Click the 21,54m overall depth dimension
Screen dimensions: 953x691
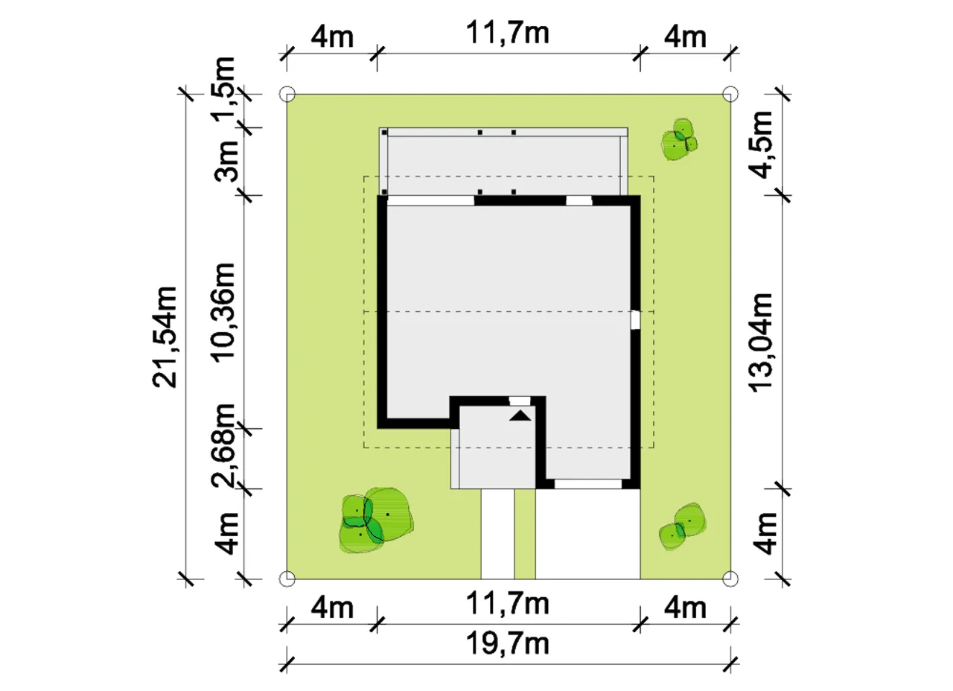165,337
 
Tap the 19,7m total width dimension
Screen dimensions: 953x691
508,644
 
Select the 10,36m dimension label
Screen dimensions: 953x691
223,313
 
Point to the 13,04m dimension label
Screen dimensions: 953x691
760,343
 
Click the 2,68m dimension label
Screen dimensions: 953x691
223,445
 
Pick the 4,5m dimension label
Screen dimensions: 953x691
760,144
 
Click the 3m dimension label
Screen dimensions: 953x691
225,160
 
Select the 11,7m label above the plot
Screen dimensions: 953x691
508,34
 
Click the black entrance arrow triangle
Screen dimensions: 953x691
520,415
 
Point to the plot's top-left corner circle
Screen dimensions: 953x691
287,94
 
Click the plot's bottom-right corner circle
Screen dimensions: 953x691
730,579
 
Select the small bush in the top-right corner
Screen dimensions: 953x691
679,139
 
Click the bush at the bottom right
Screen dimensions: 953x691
682,526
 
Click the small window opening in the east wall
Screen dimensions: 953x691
635,320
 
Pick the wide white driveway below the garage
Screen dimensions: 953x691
587,534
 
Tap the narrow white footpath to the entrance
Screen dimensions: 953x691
498,534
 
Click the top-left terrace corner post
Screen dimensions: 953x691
385,133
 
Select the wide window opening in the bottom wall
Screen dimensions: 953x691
588,484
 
